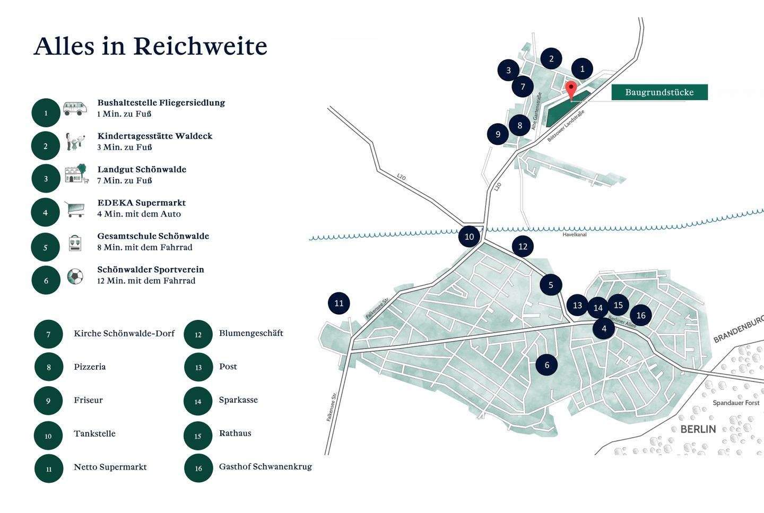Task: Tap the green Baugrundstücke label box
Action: coord(659,92)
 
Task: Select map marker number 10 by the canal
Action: coord(469,237)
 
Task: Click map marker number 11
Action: coord(339,303)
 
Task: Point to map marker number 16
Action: coord(640,315)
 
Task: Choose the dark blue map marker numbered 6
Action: coord(546,364)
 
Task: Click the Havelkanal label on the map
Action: coord(574,234)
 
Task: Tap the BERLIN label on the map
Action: coord(698,429)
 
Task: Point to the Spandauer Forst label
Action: coord(736,403)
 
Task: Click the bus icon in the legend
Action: coord(75,109)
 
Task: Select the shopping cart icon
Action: coord(75,208)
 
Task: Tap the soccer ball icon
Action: coord(75,276)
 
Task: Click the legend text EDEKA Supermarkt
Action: coord(141,203)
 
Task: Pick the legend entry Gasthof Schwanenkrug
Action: coord(265,467)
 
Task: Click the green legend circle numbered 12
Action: coord(198,335)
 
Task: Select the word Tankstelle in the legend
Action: coord(94,433)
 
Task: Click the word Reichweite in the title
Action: coord(200,47)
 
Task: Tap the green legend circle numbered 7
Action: coord(48,335)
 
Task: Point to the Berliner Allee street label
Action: coord(621,321)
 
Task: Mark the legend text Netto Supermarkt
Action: coord(110,467)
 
